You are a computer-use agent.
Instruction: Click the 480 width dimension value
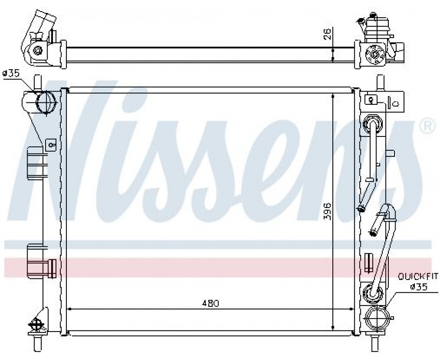210,303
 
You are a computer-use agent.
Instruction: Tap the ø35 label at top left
11,74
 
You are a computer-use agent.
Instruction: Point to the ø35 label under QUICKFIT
418,287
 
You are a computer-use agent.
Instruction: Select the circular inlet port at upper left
45,102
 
